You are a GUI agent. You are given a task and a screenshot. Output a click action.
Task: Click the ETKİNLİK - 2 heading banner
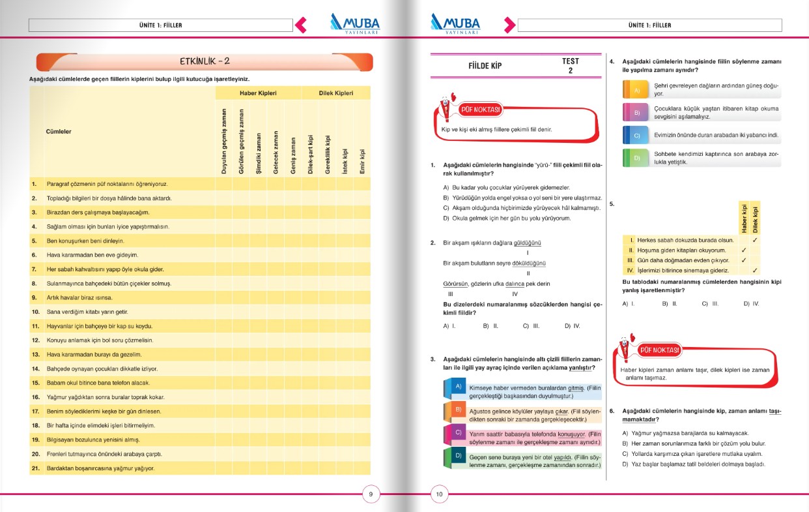click(205, 61)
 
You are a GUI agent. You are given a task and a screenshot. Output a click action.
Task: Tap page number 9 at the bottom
click(371, 494)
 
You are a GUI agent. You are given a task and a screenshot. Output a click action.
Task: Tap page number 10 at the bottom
click(439, 494)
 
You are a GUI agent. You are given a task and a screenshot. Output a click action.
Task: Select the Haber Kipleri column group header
click(258, 93)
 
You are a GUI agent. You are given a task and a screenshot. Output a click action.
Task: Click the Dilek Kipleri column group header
click(335, 93)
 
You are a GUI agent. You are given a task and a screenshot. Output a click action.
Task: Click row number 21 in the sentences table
click(36, 468)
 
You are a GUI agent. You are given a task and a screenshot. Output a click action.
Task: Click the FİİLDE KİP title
click(485, 66)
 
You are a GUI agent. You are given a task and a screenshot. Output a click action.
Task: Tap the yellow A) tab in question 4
click(636, 89)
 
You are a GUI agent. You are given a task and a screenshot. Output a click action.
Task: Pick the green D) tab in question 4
click(636, 157)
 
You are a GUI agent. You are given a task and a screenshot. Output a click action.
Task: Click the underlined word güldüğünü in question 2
click(528, 243)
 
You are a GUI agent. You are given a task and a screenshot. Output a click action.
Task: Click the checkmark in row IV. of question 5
click(755, 270)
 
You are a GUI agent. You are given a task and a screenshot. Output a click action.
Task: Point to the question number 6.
click(612, 412)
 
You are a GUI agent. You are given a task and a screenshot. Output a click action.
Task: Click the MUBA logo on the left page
click(354, 23)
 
